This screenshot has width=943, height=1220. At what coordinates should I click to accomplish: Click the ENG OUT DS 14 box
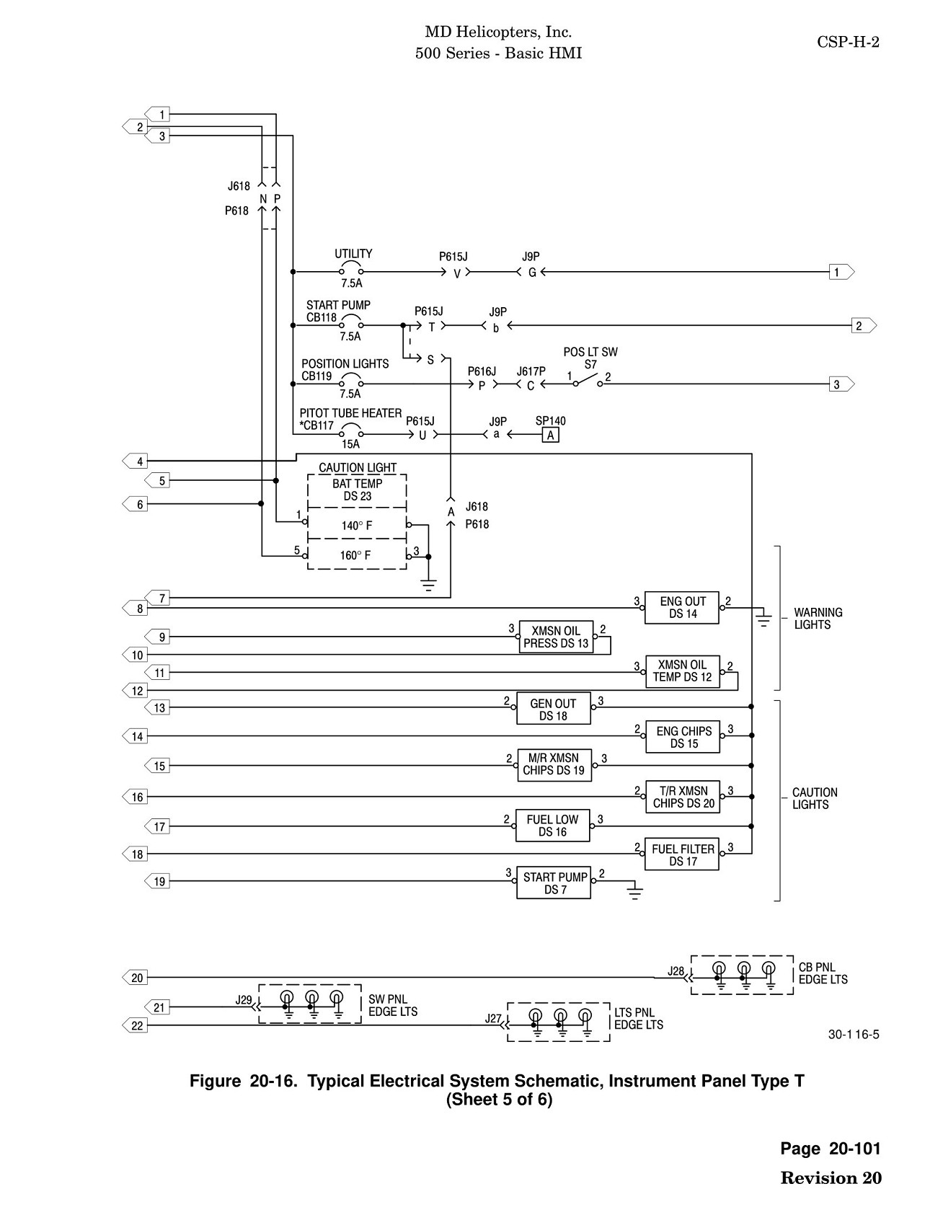pos(682,607)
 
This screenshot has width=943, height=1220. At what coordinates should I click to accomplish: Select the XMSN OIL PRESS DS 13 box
pos(556,637)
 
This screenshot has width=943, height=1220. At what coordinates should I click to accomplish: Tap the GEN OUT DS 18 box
pos(553,709)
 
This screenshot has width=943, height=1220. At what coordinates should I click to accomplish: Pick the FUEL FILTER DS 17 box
pos(682,854)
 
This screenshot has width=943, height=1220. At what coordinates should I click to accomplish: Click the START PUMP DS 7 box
pos(554,883)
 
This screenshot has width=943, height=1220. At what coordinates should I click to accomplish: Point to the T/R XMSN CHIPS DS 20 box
pos(683,797)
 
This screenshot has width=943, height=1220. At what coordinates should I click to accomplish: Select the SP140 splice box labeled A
pos(551,435)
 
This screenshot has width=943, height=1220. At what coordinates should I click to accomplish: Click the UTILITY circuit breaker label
pos(353,254)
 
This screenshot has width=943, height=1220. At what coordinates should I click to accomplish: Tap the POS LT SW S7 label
pos(590,358)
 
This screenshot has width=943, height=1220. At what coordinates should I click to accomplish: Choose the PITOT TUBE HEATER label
pos(350,413)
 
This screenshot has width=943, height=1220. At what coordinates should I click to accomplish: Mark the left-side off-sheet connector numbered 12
pos(135,691)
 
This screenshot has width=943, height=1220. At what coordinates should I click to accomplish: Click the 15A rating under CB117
pos(351,445)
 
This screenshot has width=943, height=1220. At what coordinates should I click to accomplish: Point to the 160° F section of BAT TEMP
pos(357,554)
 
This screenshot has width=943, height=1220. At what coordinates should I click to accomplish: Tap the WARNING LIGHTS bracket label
pos(818,619)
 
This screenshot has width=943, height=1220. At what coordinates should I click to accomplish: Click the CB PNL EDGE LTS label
pos(823,973)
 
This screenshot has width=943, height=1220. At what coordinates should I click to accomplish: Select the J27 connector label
pos(493,1019)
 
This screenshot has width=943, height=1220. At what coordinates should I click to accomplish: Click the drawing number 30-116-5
pos(854,1035)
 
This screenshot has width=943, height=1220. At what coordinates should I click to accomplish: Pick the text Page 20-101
pos(831,1149)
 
